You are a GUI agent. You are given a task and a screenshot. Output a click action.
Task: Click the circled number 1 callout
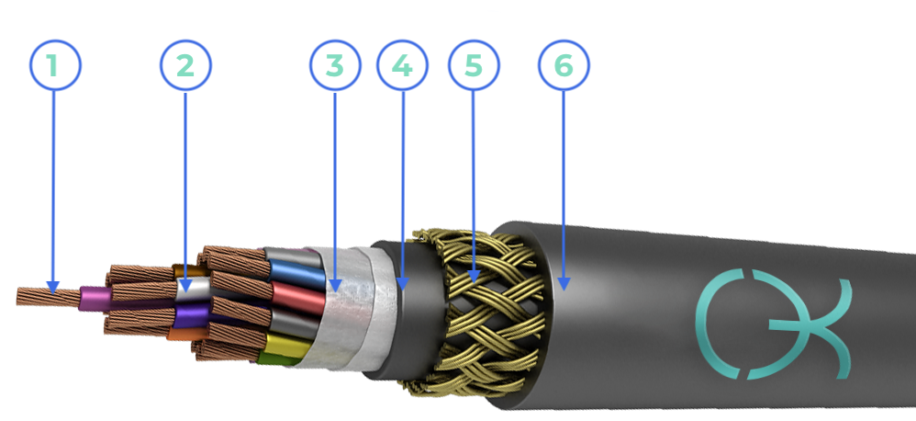point(55,65)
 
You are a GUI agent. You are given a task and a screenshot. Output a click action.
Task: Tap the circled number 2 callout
point(185,65)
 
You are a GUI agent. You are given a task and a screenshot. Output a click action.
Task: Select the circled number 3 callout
point(335,65)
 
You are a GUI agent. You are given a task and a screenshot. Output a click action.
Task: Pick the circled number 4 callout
point(403,65)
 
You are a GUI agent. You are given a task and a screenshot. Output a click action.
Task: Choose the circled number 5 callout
point(474,65)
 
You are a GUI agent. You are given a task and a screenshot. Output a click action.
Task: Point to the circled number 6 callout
point(564,65)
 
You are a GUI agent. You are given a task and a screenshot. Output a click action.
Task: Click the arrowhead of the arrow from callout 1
point(53,287)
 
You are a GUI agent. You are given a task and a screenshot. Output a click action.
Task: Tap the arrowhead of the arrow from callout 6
point(564,284)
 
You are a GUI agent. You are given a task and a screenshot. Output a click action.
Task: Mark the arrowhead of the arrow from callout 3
point(335,285)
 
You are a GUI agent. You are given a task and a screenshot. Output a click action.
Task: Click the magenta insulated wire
point(95,299)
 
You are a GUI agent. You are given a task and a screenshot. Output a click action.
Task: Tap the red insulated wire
point(298,298)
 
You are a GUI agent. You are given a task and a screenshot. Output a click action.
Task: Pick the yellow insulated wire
point(288,344)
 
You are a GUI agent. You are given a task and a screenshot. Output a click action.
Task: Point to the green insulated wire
point(277,358)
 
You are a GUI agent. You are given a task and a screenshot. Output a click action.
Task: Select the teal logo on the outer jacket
point(772,324)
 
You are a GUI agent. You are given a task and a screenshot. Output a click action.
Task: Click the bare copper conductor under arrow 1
point(48,297)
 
